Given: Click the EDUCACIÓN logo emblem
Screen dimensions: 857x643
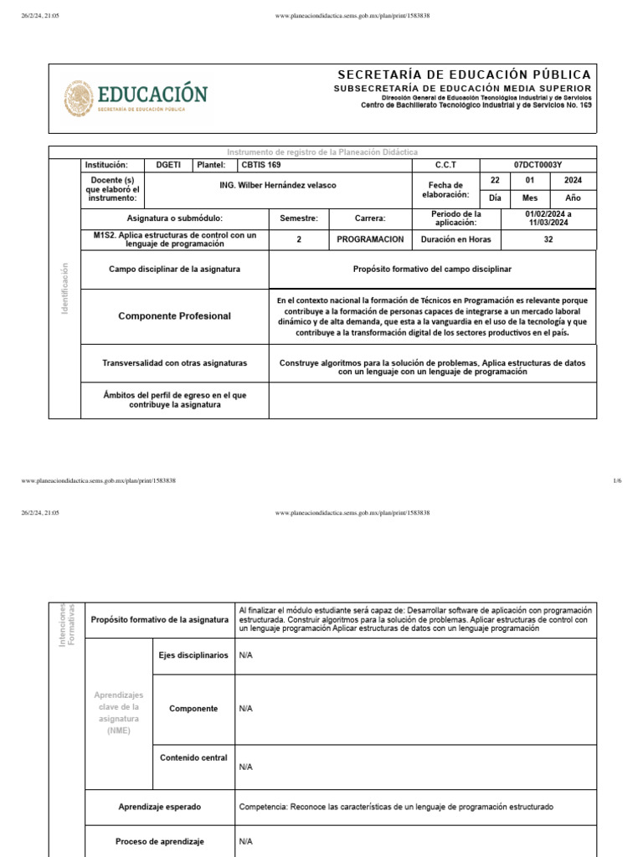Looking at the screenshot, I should (x=79, y=99).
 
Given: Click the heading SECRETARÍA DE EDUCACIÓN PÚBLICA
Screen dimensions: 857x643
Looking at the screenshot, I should (x=464, y=75).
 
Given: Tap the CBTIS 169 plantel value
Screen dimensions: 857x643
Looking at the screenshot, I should (x=261, y=165).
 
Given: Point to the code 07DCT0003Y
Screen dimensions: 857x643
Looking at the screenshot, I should (x=538, y=165).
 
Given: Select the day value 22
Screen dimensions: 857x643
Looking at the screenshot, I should (x=494, y=180).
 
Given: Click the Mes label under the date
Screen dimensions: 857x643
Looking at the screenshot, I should (x=529, y=198).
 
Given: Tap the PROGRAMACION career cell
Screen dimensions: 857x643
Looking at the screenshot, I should (x=370, y=239).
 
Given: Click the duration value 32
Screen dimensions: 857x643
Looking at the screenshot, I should (x=548, y=239).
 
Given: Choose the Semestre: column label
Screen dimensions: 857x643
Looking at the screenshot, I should (x=299, y=218).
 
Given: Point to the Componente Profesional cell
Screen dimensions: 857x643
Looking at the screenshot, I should (x=174, y=316).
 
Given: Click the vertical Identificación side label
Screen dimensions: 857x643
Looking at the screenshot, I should (x=64, y=288).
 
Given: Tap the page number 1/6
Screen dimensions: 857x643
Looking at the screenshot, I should (x=617, y=480).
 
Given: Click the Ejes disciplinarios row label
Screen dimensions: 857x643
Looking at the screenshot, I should (x=193, y=655).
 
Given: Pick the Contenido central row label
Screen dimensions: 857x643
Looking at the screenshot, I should (x=193, y=757).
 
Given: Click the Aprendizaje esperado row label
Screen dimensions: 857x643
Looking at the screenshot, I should (x=160, y=807).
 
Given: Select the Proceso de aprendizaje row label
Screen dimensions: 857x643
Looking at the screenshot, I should (x=159, y=841).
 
